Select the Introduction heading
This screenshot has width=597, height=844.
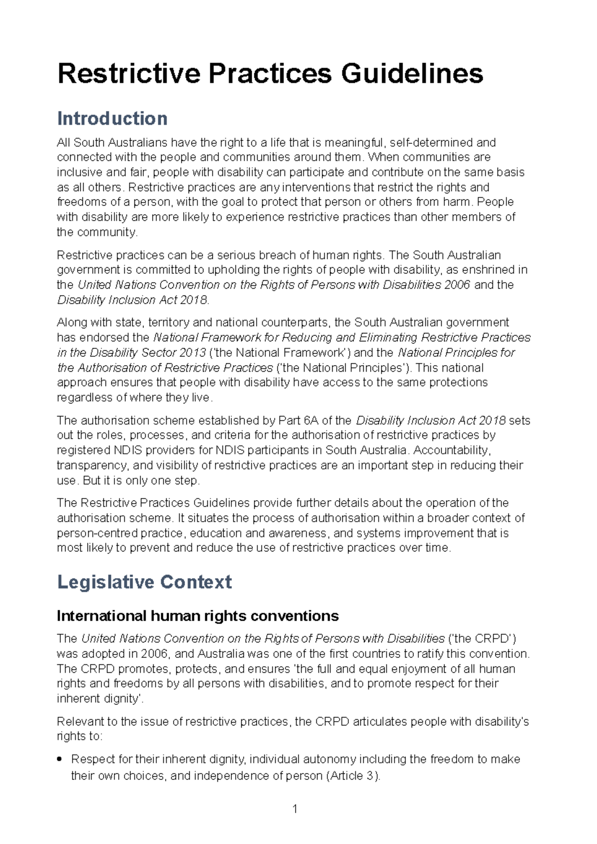tap(112, 118)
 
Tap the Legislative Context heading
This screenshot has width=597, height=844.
tap(144, 582)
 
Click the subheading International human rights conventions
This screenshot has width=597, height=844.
tap(198, 616)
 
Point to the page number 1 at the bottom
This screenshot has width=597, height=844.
tap(295, 809)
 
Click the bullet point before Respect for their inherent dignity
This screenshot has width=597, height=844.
tap(60, 759)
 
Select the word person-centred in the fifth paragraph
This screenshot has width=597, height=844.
tap(97, 533)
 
